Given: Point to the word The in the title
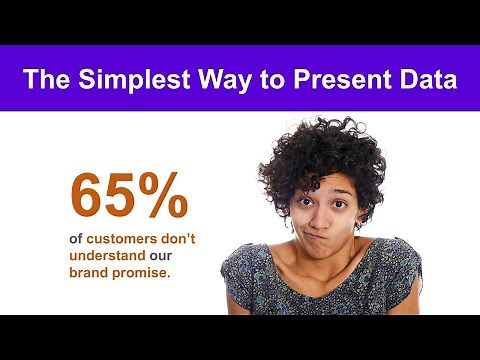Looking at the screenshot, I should click(45, 79).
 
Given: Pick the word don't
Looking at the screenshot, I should click(182, 239).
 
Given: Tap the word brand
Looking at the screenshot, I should click(90, 271).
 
